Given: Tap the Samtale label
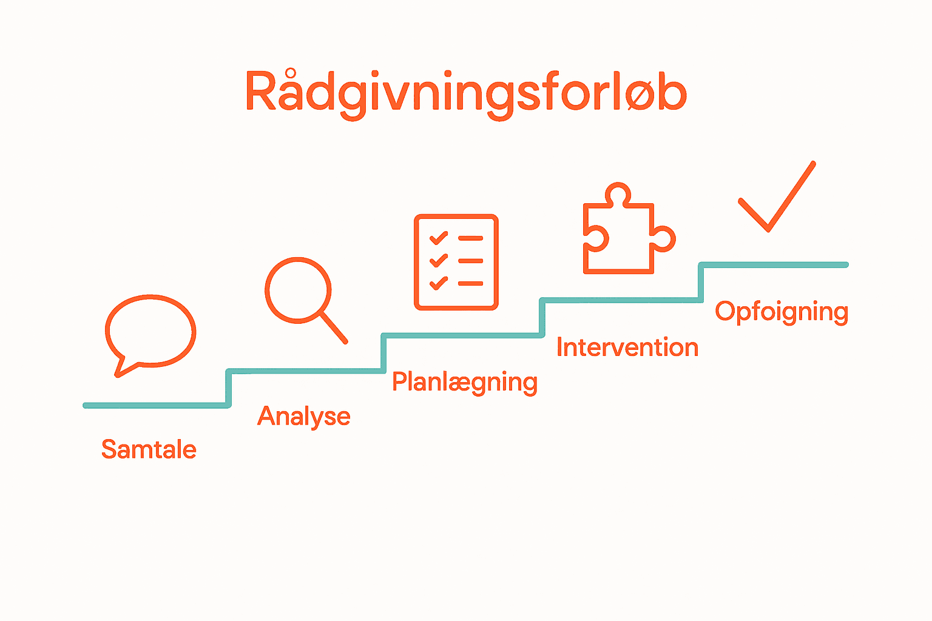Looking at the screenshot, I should pos(149,450).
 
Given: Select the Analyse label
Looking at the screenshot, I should pos(304,417).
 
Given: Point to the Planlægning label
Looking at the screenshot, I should pos(465,383).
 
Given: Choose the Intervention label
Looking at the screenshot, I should pos(627,348).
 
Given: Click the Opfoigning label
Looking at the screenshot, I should pos(782,312).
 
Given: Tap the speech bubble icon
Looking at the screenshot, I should pos(150,331).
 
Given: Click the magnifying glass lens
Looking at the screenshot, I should pos(298,290).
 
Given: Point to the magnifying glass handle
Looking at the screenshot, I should pos(334,329).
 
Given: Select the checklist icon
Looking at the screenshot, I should pos(456,262).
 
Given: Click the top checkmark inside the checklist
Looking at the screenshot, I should pos(438,238).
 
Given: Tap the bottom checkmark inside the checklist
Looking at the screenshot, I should pos(438,283).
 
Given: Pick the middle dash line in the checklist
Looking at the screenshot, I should pos(471,261).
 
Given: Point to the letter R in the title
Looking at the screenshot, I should pos(262,92).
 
